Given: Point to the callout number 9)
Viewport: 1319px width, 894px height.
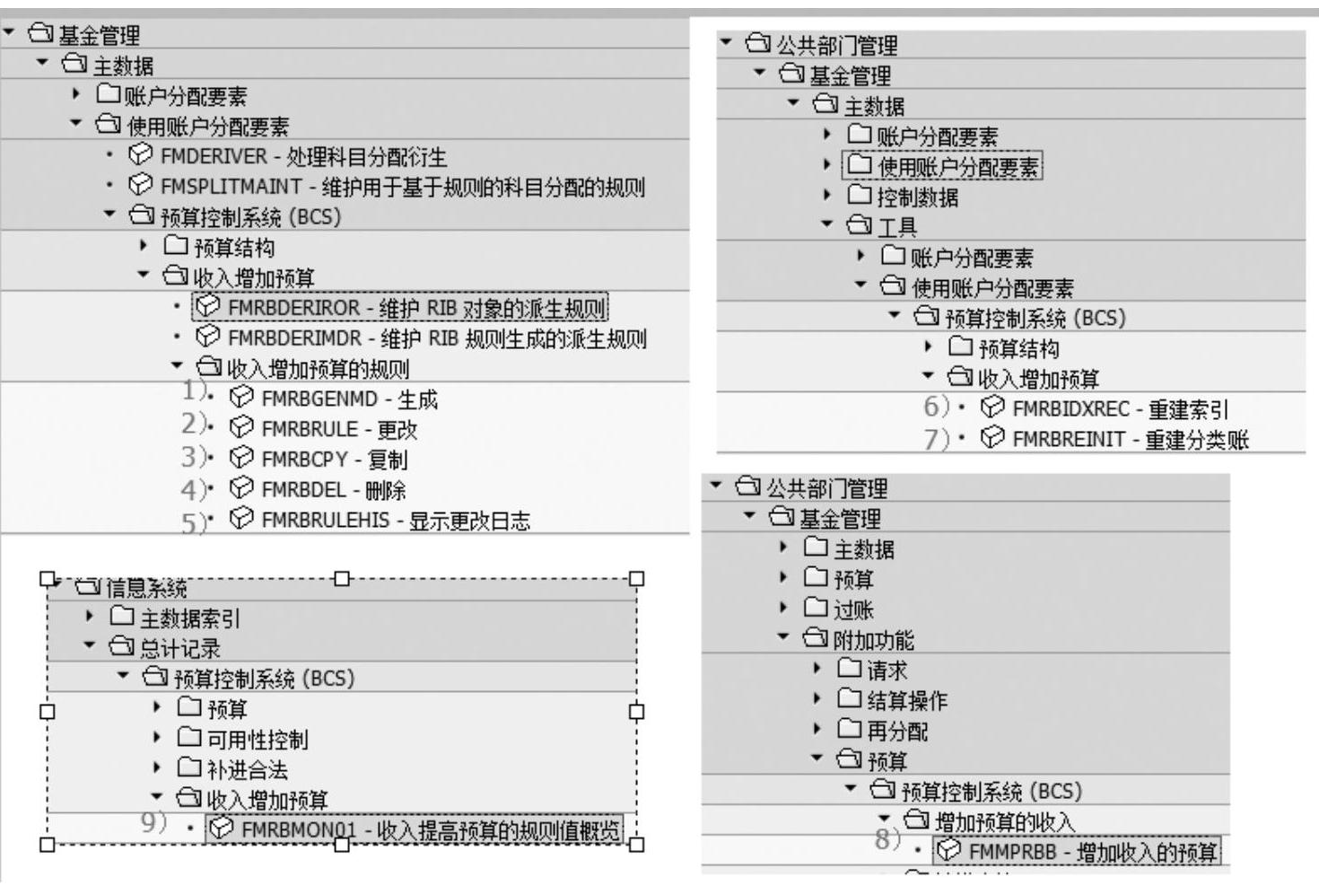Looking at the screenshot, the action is (x=153, y=822).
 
